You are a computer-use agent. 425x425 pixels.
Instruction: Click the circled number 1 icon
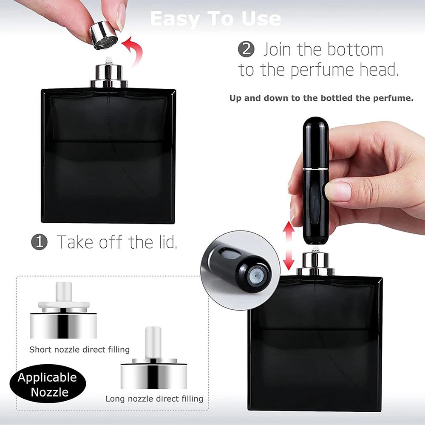[x=39, y=242]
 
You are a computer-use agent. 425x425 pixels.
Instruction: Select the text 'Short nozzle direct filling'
[x=79, y=350]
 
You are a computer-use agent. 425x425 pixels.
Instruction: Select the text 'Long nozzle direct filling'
[x=154, y=399]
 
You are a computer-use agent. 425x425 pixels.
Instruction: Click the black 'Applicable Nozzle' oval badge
[x=47, y=385]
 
